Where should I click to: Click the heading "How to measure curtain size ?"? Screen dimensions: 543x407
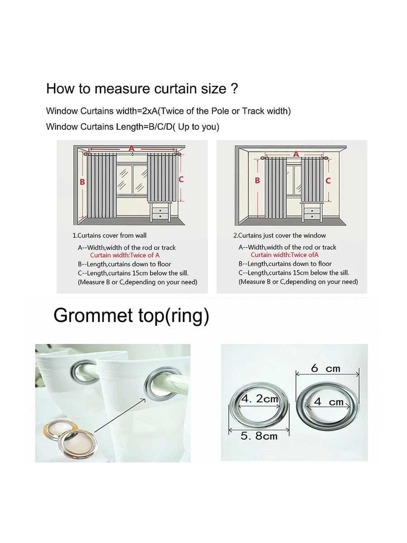pyautogui.click(x=142, y=88)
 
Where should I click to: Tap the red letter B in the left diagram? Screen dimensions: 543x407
pyautogui.click(x=82, y=182)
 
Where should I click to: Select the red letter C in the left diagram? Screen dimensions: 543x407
pyautogui.click(x=181, y=179)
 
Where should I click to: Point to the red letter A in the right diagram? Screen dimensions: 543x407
pyautogui.click(x=296, y=154)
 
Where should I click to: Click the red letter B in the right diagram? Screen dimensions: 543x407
pyautogui.click(x=257, y=180)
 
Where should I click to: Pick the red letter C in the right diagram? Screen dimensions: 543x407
pyautogui.click(x=328, y=180)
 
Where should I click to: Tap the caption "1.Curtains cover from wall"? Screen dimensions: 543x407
pyautogui.click(x=109, y=235)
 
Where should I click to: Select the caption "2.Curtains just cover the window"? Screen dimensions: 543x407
pyautogui.click(x=279, y=235)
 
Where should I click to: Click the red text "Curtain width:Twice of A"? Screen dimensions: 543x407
pyautogui.click(x=125, y=255)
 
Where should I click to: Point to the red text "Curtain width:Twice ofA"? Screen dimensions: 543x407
pyautogui.click(x=285, y=255)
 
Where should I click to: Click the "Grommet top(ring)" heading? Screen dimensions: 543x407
pyautogui.click(x=131, y=315)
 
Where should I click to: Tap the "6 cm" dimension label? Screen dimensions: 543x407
pyautogui.click(x=326, y=368)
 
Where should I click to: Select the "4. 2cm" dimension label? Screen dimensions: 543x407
pyautogui.click(x=260, y=399)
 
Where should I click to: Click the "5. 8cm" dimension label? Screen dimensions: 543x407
pyautogui.click(x=259, y=436)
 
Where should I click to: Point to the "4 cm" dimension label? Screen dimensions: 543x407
pyautogui.click(x=329, y=401)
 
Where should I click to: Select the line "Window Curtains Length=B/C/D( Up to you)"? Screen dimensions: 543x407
pyautogui.click(x=133, y=127)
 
